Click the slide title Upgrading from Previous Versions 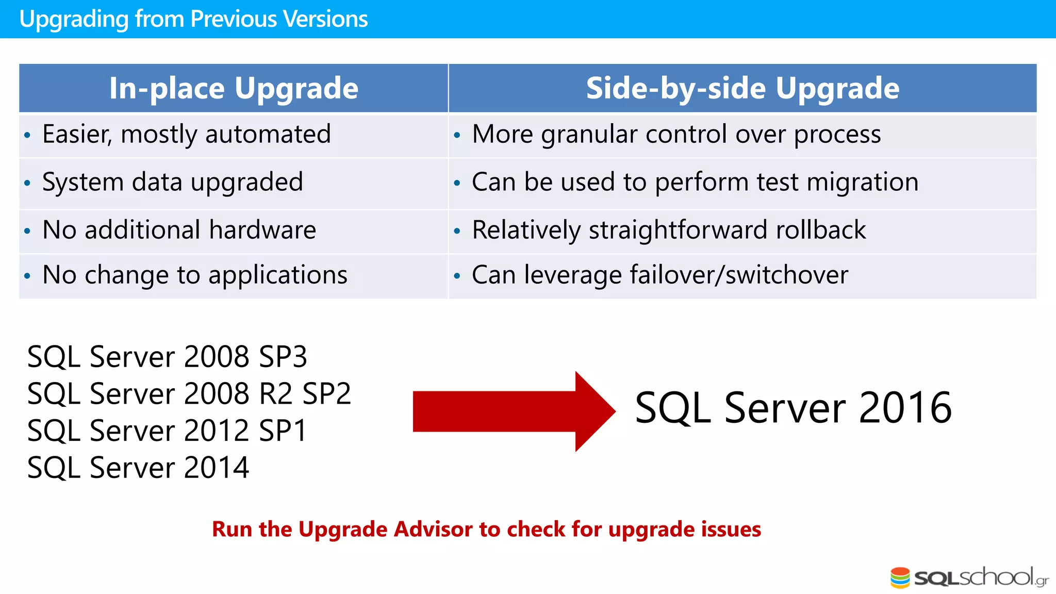click(x=193, y=19)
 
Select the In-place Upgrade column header click(x=234, y=88)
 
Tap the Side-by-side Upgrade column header click(x=742, y=88)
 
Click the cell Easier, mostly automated click(x=186, y=135)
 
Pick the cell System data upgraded click(x=172, y=183)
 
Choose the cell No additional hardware click(x=179, y=230)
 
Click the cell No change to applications click(x=194, y=275)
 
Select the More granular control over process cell click(x=676, y=135)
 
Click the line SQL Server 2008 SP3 click(x=167, y=357)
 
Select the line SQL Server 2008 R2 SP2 click(x=189, y=394)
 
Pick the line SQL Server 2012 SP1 click(x=167, y=431)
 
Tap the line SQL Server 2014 click(x=138, y=468)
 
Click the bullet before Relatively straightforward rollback click(x=457, y=232)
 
